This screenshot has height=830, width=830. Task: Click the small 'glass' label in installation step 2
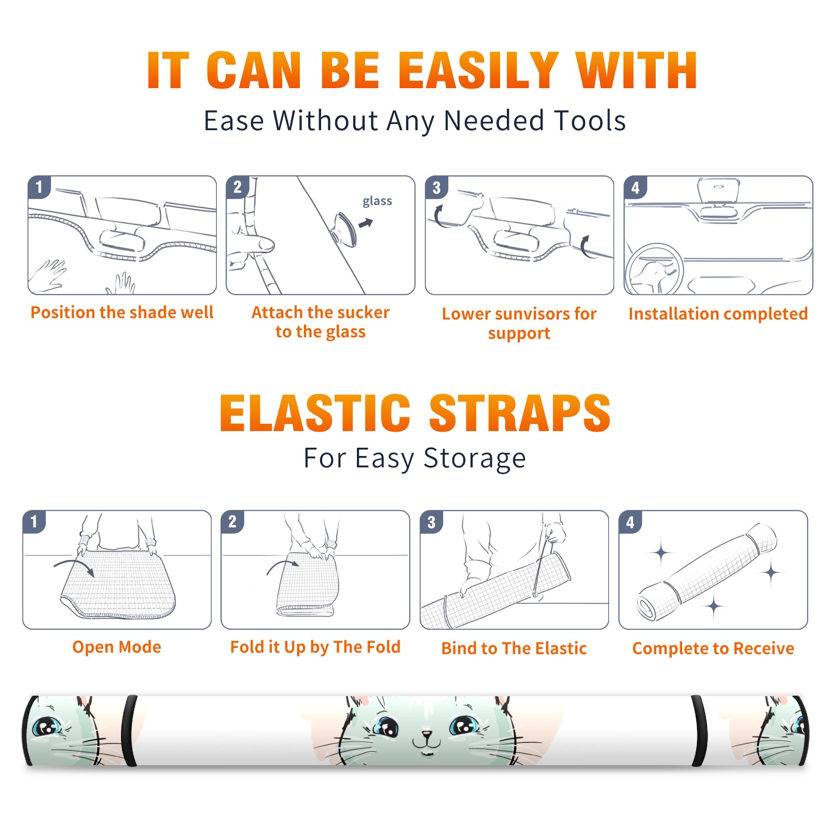click(377, 201)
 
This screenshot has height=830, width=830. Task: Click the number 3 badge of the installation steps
click(436, 187)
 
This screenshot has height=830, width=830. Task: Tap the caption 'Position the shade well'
click(122, 312)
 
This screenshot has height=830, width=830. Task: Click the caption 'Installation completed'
click(718, 314)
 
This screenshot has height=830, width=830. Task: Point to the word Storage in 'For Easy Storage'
click(475, 459)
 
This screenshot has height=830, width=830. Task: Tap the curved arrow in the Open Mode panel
click(74, 566)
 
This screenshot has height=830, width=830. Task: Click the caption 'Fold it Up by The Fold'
click(315, 647)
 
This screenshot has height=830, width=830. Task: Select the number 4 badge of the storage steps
click(630, 522)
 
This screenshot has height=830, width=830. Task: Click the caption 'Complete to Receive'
click(713, 648)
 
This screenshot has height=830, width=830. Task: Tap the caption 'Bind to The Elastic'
click(514, 648)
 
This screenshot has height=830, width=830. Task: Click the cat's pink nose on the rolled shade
click(426, 735)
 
